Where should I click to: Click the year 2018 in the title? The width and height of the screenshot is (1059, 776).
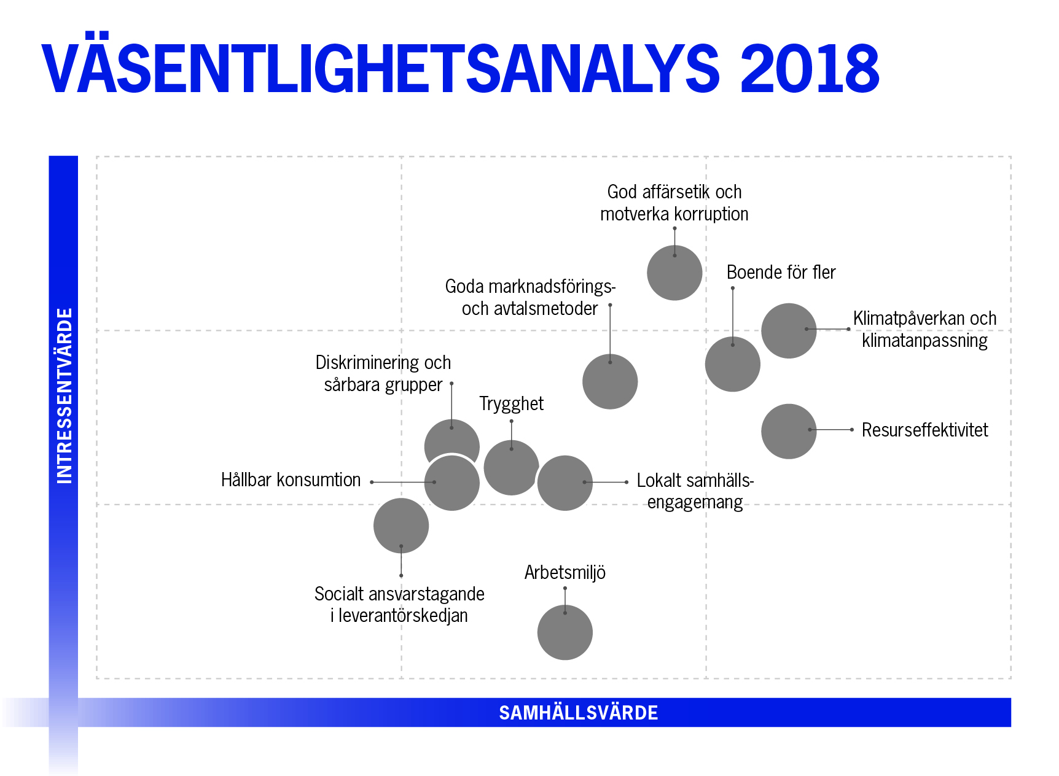[810, 69]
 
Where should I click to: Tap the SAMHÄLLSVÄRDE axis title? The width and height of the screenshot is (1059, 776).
[578, 713]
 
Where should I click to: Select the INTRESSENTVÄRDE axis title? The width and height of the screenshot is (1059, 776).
[64, 396]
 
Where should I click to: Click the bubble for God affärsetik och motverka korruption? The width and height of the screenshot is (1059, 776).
[674, 273]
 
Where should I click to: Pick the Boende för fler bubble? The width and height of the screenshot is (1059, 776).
[732, 364]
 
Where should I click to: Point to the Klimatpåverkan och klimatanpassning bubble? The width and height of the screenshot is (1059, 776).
[789, 331]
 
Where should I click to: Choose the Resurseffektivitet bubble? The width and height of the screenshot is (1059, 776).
[789, 431]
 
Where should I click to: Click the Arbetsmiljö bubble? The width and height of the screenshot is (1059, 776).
[565, 632]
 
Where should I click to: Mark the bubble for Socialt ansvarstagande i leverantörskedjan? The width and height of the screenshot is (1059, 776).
[401, 526]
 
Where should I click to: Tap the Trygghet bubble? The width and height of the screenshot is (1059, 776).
[511, 468]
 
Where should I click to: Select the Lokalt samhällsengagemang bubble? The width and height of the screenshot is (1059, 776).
[565, 483]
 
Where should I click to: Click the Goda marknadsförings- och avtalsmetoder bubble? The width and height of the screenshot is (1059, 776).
[610, 382]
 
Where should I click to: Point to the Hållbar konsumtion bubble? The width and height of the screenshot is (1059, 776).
[452, 484]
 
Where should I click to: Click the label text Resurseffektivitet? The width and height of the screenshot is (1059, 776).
[924, 430]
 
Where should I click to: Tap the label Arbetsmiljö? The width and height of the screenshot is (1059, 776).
[565, 573]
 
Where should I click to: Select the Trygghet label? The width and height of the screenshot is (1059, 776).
[511, 404]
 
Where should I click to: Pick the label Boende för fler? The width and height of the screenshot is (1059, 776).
[781, 273]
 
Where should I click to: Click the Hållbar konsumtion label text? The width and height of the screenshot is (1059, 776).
[291, 480]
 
